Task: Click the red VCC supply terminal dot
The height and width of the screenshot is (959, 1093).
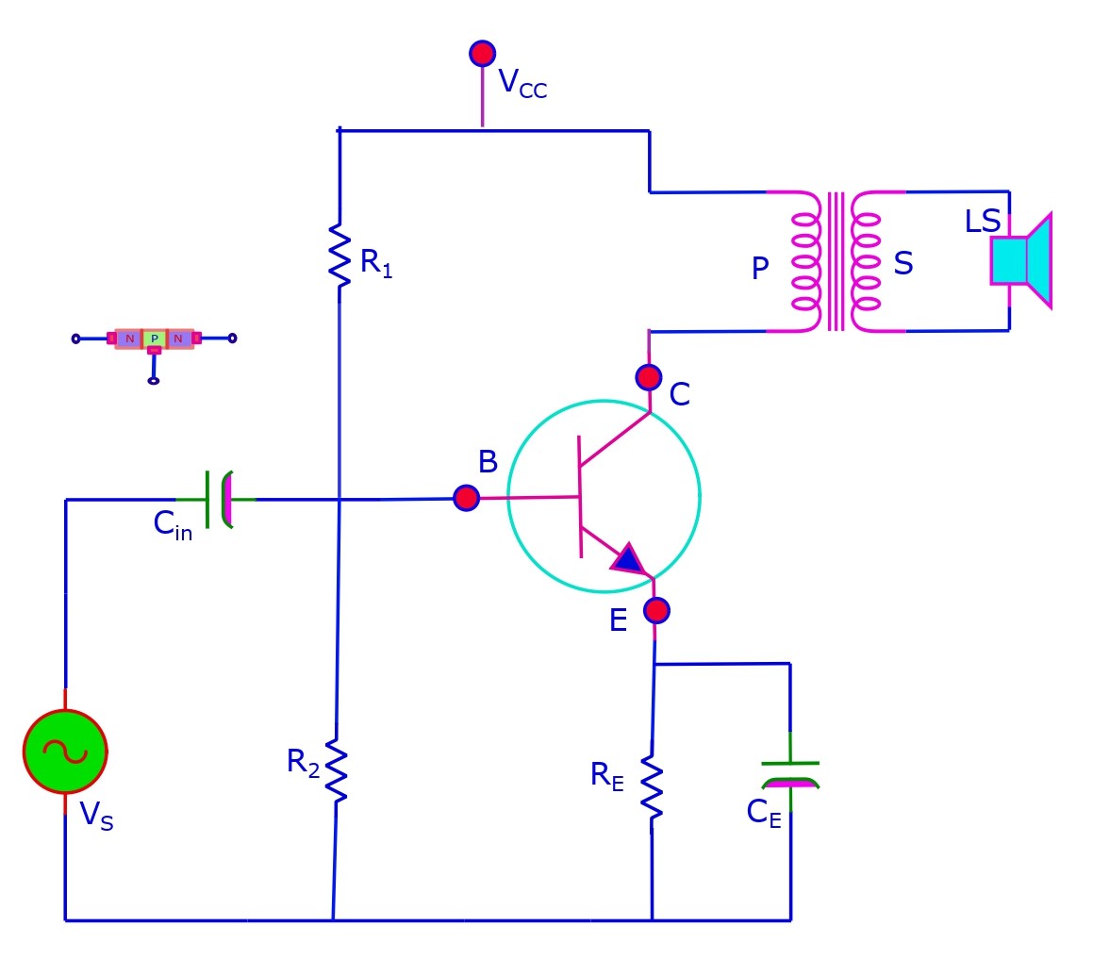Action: pos(482,53)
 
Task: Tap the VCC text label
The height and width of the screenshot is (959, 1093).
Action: pos(522,84)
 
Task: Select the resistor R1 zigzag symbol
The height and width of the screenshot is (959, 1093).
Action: pos(339,254)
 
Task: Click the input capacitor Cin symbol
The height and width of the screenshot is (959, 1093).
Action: pos(218,499)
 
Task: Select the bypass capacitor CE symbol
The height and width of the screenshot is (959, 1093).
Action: pos(790,773)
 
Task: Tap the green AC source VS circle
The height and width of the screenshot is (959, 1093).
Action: pos(65,752)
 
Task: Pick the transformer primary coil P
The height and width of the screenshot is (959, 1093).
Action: pos(803,262)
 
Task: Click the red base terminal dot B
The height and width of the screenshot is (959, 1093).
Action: pos(466,498)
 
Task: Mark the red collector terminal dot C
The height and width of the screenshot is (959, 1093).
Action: pos(648,377)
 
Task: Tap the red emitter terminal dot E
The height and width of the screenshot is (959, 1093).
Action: pos(656,610)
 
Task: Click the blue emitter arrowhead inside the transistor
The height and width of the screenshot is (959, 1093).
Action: pos(627,559)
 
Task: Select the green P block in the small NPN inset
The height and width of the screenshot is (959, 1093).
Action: pos(154,339)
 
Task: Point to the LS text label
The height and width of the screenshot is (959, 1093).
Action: pos(982,223)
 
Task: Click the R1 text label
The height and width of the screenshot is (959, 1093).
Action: pos(375,263)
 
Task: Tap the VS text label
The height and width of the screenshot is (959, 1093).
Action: pos(95,814)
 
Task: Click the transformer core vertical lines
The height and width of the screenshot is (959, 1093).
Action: pos(836,262)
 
